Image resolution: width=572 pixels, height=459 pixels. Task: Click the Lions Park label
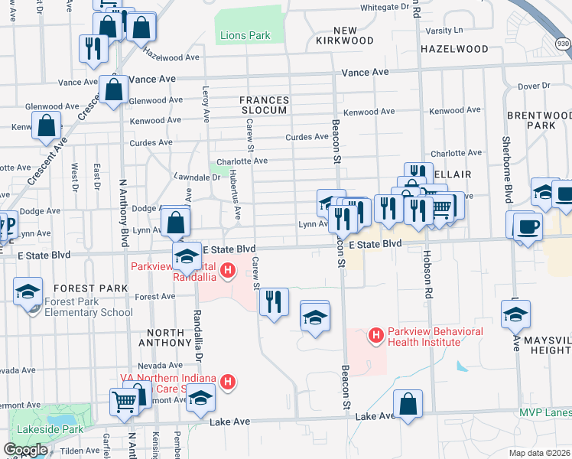tap(245, 35)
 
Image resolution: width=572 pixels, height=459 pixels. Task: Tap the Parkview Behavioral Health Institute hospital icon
tap(375, 335)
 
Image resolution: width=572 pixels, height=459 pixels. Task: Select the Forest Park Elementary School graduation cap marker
tap(28, 292)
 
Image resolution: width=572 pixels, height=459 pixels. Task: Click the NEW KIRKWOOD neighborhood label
tap(343, 35)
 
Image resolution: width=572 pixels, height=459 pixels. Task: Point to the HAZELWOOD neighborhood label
tap(454, 49)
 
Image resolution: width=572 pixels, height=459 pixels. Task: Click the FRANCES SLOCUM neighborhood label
tap(265, 105)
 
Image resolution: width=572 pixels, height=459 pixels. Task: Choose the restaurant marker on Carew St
tap(274, 301)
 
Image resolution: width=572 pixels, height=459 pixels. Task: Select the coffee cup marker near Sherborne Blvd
tap(528, 226)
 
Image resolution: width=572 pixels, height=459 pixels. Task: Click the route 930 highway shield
tap(563, 44)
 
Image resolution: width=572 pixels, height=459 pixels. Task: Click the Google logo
tap(25, 450)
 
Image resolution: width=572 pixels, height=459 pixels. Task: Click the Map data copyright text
tap(540, 453)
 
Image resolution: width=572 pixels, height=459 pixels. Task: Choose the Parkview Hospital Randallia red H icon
tap(227, 271)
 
